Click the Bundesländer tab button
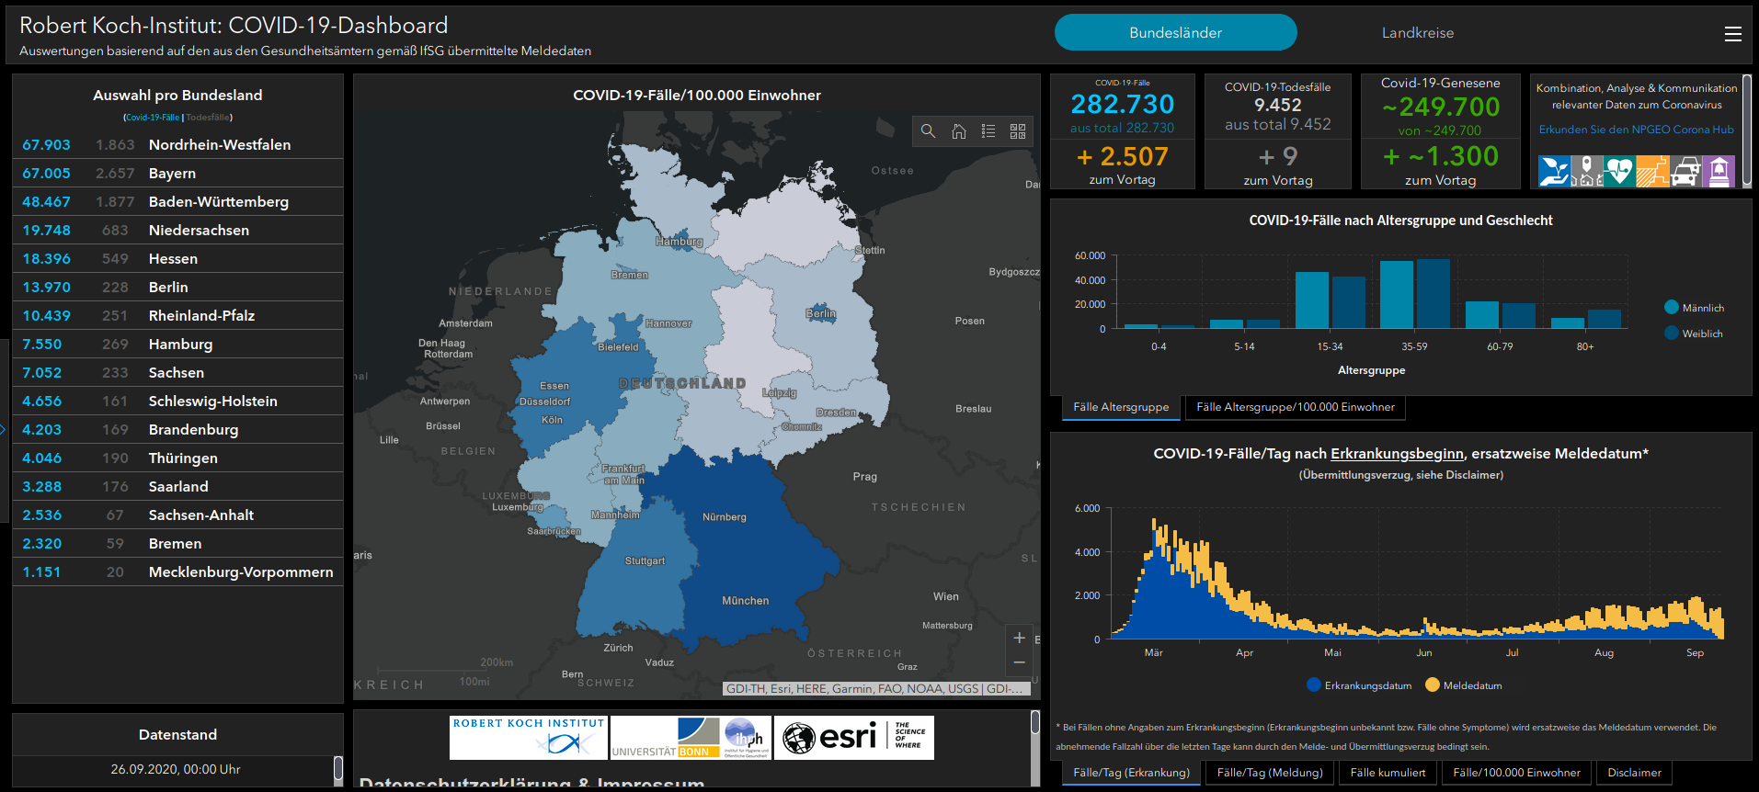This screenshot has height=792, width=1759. (x=1175, y=33)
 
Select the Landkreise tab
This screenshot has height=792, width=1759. (x=1417, y=33)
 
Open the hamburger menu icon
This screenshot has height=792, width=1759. (x=1732, y=34)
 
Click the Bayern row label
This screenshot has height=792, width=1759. (x=172, y=174)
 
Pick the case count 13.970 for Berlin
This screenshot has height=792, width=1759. (x=46, y=288)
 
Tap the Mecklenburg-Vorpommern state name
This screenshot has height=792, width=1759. (x=241, y=572)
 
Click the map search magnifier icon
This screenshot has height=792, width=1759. (x=928, y=131)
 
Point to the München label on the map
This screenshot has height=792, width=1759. (x=745, y=601)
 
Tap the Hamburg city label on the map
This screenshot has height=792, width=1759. (x=679, y=242)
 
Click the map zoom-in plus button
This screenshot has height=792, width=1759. (x=1019, y=638)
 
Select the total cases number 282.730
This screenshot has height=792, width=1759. (x=1122, y=105)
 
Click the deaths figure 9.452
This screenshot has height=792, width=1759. (x=1277, y=106)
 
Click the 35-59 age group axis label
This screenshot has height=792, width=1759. (x=1414, y=346)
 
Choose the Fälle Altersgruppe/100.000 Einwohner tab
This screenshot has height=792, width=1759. (x=1295, y=407)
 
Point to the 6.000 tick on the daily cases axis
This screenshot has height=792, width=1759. (x=1087, y=508)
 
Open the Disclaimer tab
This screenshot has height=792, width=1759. (x=1634, y=773)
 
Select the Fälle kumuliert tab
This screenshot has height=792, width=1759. (x=1388, y=773)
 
